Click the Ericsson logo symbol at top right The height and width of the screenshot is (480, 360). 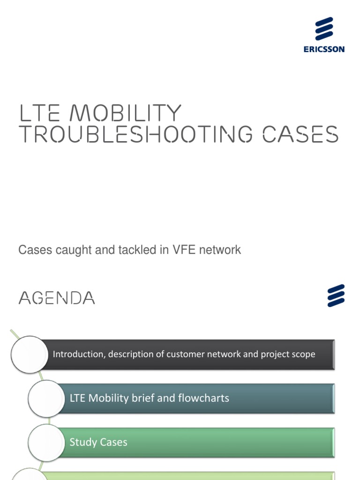[x=324, y=29]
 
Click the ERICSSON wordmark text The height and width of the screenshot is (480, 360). [x=324, y=49]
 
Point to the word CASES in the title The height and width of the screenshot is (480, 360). [x=300, y=134]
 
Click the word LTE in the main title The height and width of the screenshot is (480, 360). [x=39, y=113]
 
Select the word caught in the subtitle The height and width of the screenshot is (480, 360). [x=72, y=250]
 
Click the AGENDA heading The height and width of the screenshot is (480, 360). [x=57, y=298]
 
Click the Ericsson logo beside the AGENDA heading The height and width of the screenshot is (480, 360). [x=336, y=295]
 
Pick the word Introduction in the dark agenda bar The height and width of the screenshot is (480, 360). [x=78, y=354]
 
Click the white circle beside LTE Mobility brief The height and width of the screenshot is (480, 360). [x=46, y=398]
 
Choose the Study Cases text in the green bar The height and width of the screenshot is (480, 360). [x=98, y=442]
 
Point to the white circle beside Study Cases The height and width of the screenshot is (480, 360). [x=46, y=442]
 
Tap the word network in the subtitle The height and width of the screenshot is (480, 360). [x=220, y=250]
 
